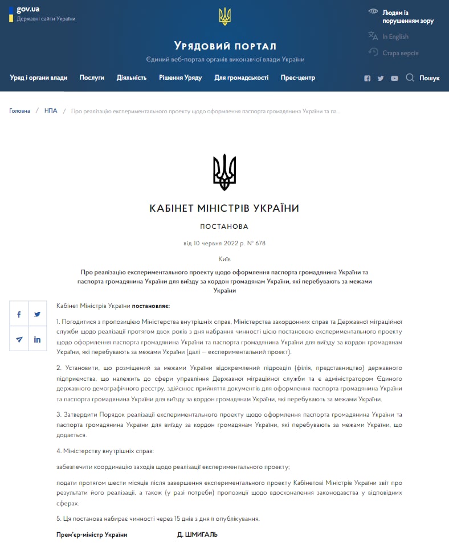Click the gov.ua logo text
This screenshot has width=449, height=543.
pyautogui.click(x=28, y=9)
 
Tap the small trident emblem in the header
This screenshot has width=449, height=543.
pyautogui.click(x=224, y=17)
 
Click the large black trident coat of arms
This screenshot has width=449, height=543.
pyautogui.click(x=224, y=172)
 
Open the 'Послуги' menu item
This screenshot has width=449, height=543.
pyautogui.click(x=92, y=78)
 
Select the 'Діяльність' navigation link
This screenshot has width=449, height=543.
pyautogui.click(x=132, y=78)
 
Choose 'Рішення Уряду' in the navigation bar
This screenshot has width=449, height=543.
pyautogui.click(x=181, y=78)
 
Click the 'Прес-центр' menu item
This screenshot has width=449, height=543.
pyautogui.click(x=298, y=78)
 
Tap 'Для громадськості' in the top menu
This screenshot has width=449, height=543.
pyautogui.click(x=242, y=78)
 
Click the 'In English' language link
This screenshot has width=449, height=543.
pyautogui.click(x=395, y=36)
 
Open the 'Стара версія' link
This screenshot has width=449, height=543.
pyautogui.click(x=400, y=53)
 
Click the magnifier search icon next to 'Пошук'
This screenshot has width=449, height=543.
pyautogui.click(x=410, y=78)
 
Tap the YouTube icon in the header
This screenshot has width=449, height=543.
pyautogui.click(x=394, y=79)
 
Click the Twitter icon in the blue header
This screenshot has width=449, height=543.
pyautogui.click(x=381, y=79)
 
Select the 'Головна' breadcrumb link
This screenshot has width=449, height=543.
pyautogui.click(x=19, y=111)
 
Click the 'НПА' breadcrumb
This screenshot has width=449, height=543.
pyautogui.click(x=51, y=111)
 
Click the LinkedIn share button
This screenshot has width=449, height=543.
pyautogui.click(x=37, y=339)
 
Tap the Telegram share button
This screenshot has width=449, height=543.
pyautogui.click(x=19, y=339)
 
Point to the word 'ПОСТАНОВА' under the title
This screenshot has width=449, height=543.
pyautogui.click(x=224, y=226)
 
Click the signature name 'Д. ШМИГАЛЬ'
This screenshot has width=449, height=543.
pyautogui.click(x=198, y=535)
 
